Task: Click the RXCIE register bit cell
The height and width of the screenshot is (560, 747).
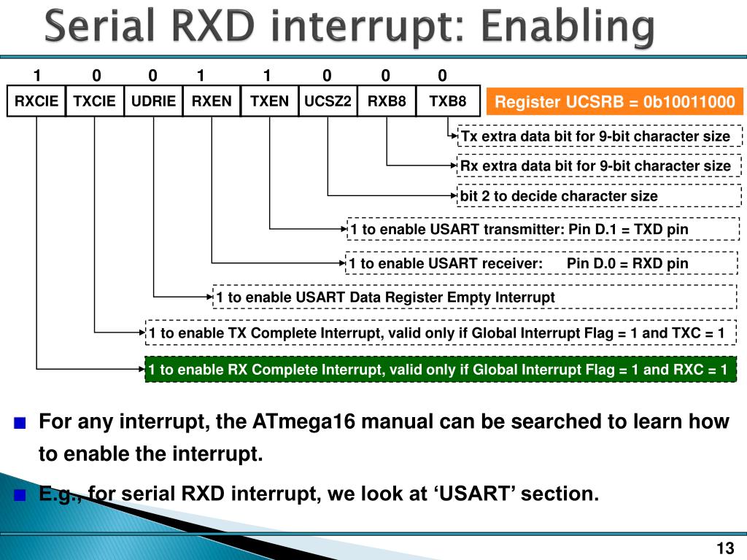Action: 36,101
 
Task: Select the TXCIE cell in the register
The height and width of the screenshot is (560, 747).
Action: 95,101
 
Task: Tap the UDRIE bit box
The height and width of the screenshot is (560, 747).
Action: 153,101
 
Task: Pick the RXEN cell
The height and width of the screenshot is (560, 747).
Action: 212,101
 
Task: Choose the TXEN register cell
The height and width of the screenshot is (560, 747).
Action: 270,101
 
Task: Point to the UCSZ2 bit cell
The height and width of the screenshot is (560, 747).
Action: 328,101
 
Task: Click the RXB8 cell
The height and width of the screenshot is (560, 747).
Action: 387,101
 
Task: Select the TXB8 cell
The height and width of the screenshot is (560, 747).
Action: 448,101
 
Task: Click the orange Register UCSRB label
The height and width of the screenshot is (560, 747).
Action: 615,102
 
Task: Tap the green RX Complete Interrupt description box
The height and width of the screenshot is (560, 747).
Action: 438,370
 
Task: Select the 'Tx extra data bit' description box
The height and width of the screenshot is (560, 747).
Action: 599,136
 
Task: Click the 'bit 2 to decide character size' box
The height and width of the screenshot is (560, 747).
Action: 599,196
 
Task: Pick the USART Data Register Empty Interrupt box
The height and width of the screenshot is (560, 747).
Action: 474,297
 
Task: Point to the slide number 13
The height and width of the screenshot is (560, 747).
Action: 724,548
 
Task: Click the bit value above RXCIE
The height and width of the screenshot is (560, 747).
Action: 36,76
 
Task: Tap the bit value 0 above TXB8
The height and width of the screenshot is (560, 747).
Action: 442,76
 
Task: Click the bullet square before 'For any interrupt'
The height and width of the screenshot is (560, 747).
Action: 20,423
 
